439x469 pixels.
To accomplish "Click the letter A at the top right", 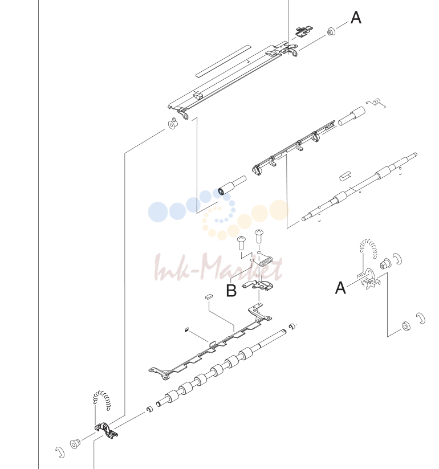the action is click(356, 18).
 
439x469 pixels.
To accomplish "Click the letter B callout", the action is click(231, 291).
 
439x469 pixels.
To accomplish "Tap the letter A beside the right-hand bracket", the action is click(340, 288).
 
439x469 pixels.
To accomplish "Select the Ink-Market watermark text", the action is click(218, 267).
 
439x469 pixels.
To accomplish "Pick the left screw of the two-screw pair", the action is click(241, 243).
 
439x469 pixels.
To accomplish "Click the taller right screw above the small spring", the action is click(259, 236).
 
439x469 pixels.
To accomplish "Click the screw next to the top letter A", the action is click(331, 31).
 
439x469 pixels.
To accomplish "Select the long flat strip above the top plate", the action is click(223, 61).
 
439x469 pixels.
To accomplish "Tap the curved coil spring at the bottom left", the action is click(101, 400).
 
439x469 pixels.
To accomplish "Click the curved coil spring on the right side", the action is click(368, 248).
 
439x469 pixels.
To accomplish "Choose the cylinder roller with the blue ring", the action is click(232, 186).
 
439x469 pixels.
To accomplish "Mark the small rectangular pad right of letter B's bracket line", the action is click(209, 296).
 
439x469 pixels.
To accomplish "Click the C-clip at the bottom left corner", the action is click(60, 452).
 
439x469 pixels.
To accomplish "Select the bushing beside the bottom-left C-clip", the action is click(75, 443).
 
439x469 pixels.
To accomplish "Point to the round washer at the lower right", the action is click(406, 326).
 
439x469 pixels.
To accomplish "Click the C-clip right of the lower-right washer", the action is click(421, 318).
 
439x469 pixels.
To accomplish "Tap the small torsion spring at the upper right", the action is click(376, 103).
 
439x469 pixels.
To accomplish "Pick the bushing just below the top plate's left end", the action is click(173, 124).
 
